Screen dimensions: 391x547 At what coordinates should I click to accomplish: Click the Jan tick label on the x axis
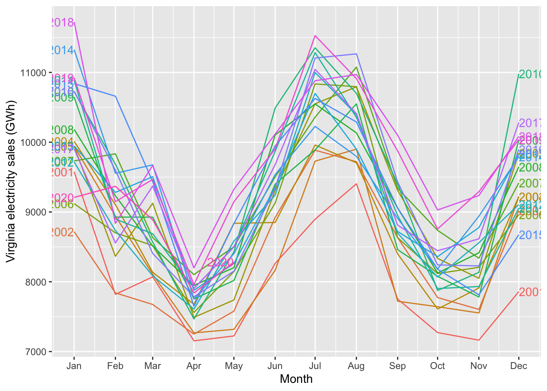(74, 366)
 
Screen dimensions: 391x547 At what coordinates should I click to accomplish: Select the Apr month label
(194, 366)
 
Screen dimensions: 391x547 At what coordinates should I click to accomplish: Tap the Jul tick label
(315, 366)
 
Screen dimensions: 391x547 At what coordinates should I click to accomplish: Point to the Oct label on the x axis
(438, 366)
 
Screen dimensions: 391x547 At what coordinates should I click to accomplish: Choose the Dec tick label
(519, 366)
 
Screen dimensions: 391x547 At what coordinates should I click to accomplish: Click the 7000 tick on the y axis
(35, 351)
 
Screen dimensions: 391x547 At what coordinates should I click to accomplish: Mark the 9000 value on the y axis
(35, 212)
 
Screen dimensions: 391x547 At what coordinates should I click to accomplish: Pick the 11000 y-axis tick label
(33, 73)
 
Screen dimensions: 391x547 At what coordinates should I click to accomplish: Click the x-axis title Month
(296, 379)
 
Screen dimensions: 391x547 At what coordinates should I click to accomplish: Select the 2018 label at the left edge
(62, 22)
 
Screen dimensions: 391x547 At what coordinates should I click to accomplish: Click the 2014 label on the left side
(62, 50)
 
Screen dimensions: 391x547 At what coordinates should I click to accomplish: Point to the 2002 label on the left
(62, 232)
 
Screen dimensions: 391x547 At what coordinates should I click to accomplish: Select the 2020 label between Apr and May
(220, 263)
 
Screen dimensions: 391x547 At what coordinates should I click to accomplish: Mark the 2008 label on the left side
(62, 130)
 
